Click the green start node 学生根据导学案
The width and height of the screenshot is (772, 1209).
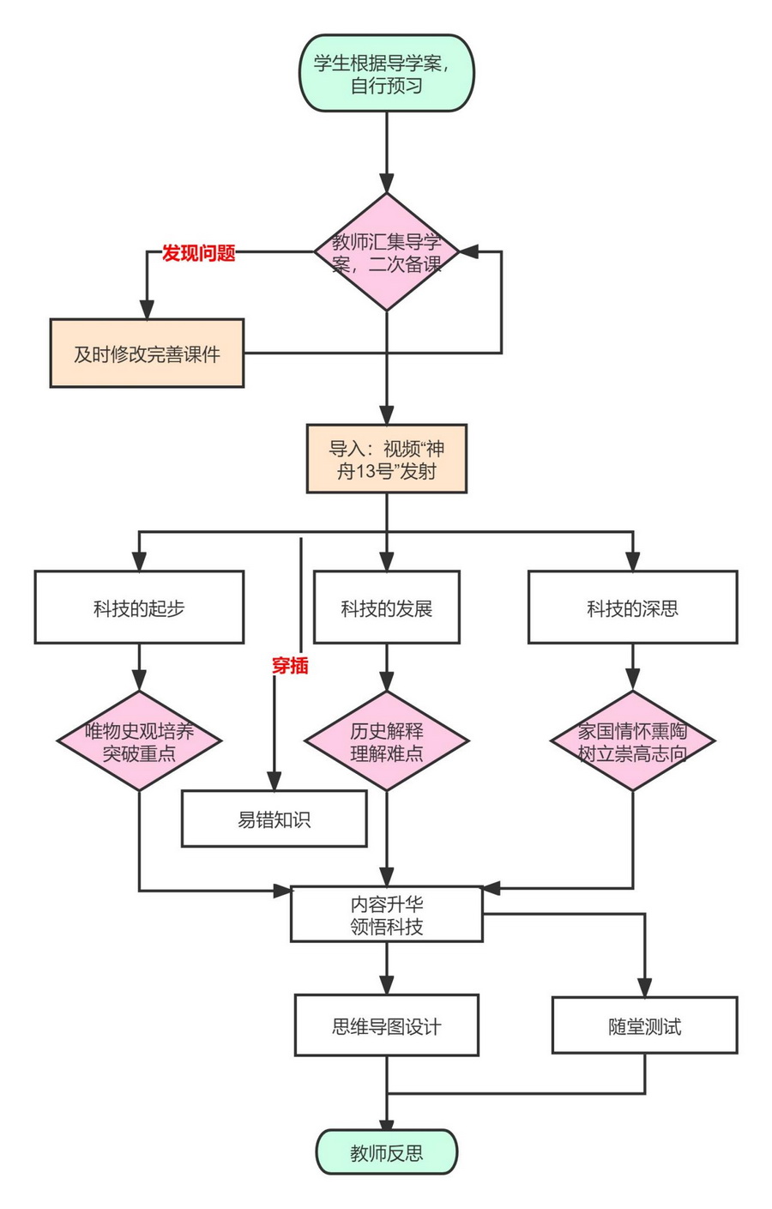coord(386,74)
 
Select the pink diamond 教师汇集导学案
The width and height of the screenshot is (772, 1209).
coord(386,252)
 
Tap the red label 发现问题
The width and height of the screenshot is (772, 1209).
coord(198,253)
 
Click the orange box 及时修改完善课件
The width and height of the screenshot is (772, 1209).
coord(147,354)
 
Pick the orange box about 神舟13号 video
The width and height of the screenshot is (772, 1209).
coord(386,459)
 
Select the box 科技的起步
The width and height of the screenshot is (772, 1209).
coord(139,608)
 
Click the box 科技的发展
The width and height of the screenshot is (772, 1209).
coord(386,608)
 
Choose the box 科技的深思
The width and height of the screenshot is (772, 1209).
coord(632,608)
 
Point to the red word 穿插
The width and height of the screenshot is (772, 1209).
coord(289,665)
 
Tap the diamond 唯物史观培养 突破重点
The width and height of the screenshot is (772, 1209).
coord(139,741)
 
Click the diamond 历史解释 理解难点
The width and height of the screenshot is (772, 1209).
coord(386,741)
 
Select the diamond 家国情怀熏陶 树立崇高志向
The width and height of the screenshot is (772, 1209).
coord(632,741)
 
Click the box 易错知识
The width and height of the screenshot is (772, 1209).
coord(274,819)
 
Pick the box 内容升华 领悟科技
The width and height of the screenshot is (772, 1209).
coord(386,915)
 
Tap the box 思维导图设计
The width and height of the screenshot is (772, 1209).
coord(386,1025)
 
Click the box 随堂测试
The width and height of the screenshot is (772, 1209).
coord(644,1026)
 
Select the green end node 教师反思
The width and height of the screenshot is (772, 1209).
coord(386,1152)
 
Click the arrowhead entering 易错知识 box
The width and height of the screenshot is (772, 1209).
coord(274,781)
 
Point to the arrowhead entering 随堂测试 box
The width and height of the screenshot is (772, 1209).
coord(644,988)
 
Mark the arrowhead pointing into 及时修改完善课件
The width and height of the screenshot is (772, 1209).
coord(147,310)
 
